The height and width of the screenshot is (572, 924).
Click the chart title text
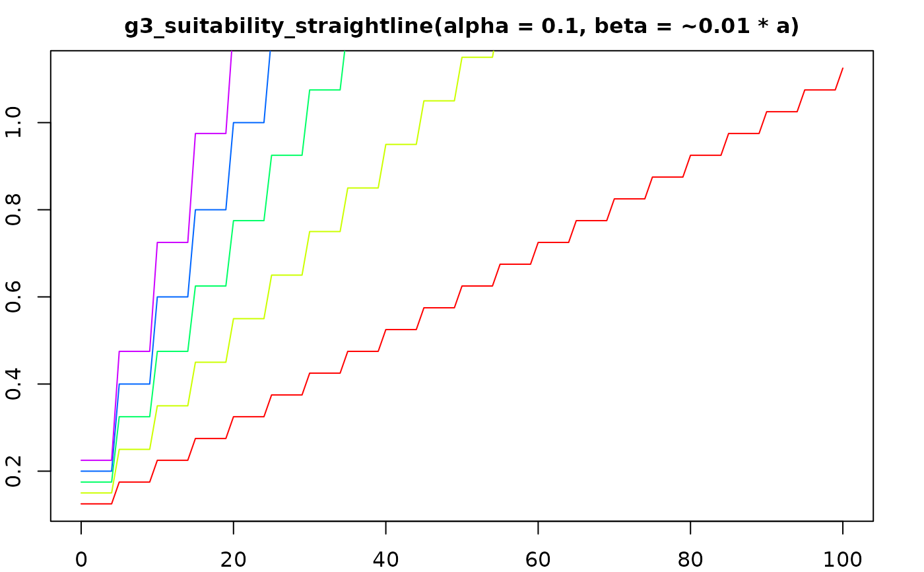click(461, 26)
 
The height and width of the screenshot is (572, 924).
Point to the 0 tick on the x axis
click(81, 559)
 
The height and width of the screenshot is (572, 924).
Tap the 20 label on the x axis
click(234, 559)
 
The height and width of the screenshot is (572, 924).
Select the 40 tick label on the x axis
click(385, 559)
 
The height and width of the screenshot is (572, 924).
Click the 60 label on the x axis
click(538, 559)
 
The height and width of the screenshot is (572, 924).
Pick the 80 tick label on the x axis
click(690, 559)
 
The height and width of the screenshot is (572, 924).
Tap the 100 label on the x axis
click(843, 559)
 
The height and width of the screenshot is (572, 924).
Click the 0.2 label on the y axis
click(15, 471)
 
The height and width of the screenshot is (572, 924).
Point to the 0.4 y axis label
click(15, 384)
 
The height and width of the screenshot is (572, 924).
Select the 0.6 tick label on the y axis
click(15, 297)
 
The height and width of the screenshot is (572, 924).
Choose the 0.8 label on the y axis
click(15, 209)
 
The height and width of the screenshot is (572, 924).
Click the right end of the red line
click(843, 68)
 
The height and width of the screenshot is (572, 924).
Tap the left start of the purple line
click(81, 460)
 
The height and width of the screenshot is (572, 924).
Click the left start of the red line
click(81, 504)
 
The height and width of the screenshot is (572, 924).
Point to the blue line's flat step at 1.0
click(249, 122)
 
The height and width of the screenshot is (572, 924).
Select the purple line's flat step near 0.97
click(211, 133)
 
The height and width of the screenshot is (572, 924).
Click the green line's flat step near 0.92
click(286, 155)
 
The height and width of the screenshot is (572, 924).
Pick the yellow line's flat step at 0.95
click(401, 144)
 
